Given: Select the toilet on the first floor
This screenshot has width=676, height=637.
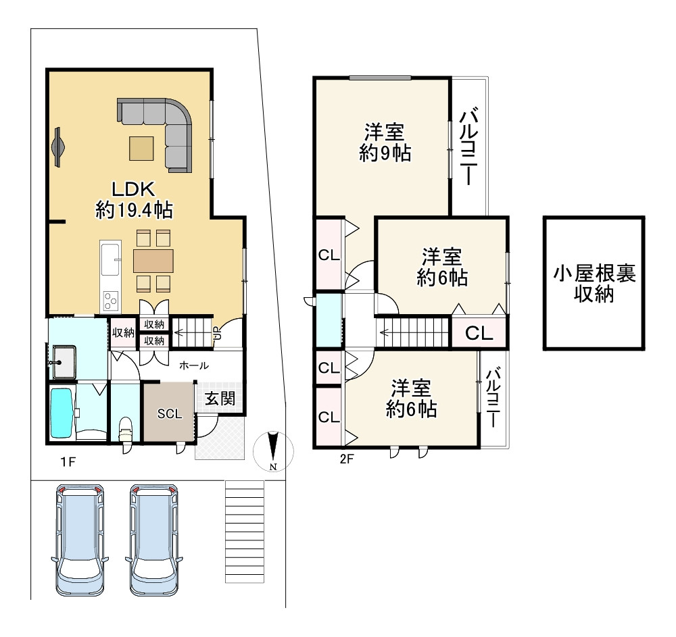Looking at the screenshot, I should (x=125, y=429).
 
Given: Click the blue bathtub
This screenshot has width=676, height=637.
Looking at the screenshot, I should (x=62, y=413).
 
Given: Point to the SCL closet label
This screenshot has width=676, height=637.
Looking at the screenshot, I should (x=170, y=414).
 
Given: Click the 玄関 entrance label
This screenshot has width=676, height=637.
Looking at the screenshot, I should (x=220, y=399).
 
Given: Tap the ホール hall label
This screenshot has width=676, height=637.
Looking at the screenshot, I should (x=193, y=365).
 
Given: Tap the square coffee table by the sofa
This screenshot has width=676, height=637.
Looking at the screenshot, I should (x=141, y=148).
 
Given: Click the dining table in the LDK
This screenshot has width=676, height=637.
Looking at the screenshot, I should (x=153, y=260).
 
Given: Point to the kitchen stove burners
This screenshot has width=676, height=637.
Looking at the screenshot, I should (x=110, y=298).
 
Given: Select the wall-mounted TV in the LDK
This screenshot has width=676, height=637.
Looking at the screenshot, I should (x=58, y=146).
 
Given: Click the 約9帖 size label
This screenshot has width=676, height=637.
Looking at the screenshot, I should (x=385, y=153).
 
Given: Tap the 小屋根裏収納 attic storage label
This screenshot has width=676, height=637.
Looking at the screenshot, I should (x=594, y=283).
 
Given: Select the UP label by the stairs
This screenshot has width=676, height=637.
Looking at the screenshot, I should (x=216, y=332).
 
